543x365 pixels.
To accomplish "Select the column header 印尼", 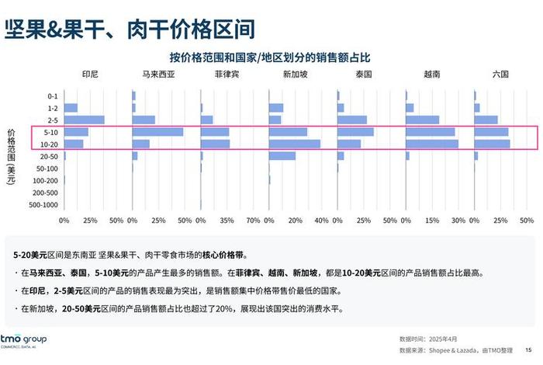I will coord(90,75).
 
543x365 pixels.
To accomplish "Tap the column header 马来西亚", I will coord(158,75).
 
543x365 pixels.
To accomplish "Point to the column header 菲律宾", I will coord(227,75).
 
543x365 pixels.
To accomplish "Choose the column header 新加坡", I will coord(295,75).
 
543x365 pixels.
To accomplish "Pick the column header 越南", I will coord(432,75).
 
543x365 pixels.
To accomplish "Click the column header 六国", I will coord(500,75).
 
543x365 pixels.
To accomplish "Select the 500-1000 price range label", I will coord(43,205).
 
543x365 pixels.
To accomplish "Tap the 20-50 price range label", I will coord(48,156).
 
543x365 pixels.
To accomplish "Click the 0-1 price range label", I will coord(51,96).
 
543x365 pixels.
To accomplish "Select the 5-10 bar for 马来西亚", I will coord(158,132).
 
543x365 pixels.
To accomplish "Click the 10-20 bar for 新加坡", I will coord(295,144).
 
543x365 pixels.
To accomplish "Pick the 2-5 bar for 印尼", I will coord(84,120).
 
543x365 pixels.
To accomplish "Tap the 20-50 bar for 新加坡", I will coord(282,156).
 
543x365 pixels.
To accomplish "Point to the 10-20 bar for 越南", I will coord(432,144).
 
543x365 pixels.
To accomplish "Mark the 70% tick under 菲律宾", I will coord(253,220).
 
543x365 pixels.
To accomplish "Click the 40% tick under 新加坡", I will coord(321,220).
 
